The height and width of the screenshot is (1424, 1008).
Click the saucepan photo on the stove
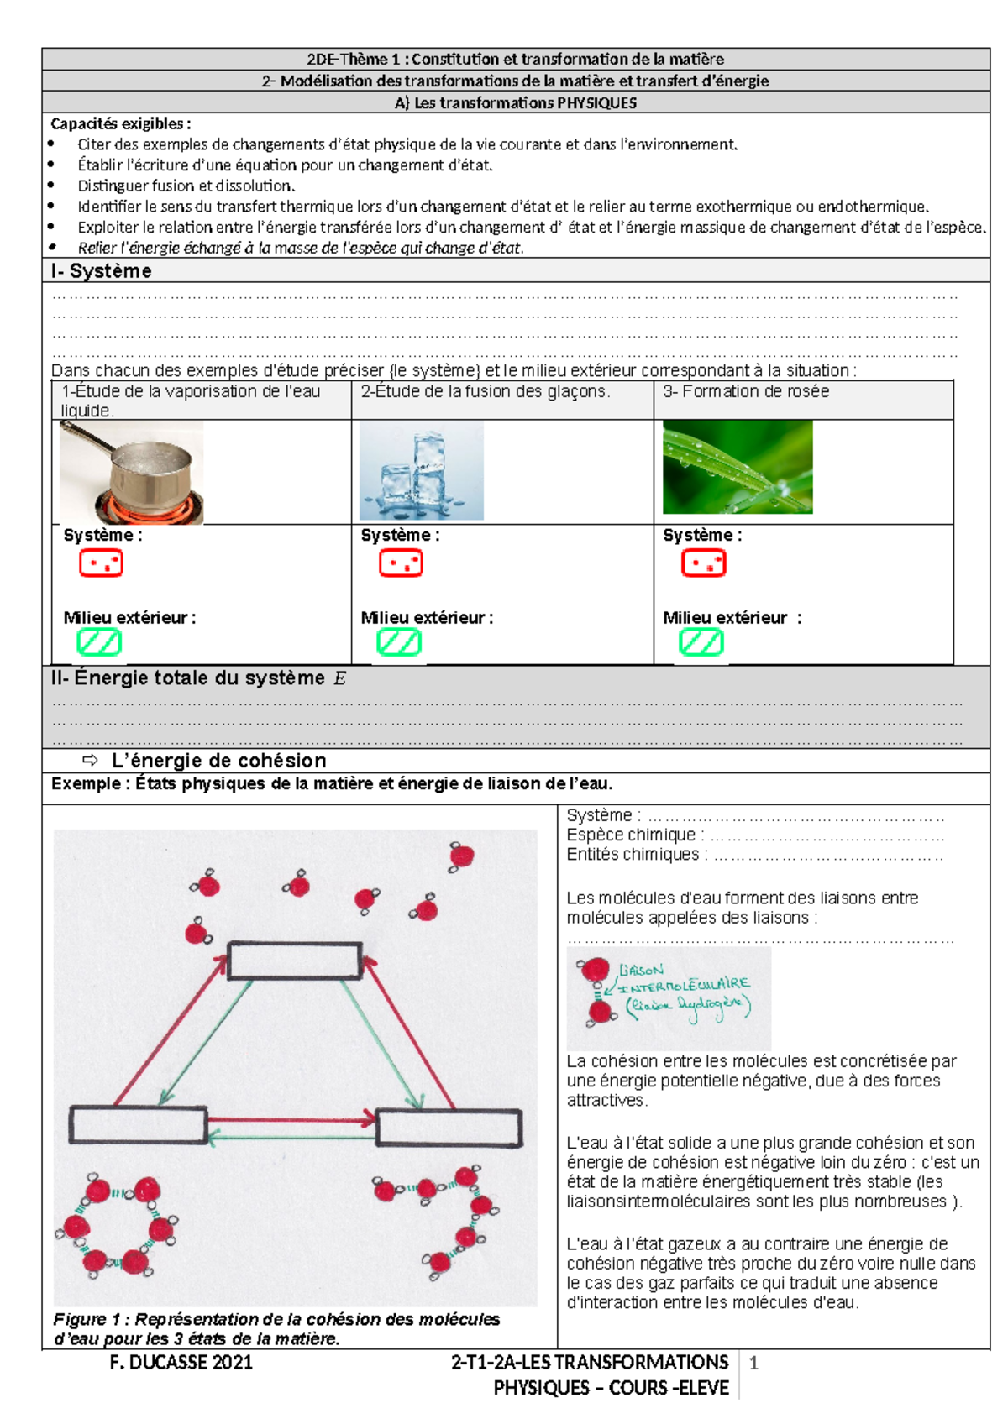pyautogui.click(x=131, y=472)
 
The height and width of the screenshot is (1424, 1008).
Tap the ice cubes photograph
pyautogui.click(x=421, y=471)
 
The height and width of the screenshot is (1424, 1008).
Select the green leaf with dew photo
pyautogui.click(x=737, y=467)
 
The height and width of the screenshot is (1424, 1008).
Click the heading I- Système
pyautogui.click(x=101, y=271)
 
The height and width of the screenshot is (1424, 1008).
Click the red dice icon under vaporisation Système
pyautogui.click(x=101, y=563)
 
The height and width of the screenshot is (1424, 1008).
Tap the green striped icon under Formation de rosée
pyautogui.click(x=701, y=643)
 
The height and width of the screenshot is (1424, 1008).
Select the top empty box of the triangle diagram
pyautogui.click(x=295, y=961)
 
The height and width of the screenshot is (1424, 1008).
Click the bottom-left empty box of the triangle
pyautogui.click(x=138, y=1125)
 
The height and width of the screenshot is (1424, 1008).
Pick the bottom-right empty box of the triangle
pyautogui.click(x=449, y=1127)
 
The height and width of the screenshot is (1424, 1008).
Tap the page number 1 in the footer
pyautogui.click(x=753, y=1363)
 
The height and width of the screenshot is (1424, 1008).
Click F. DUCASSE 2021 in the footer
pyautogui.click(x=181, y=1363)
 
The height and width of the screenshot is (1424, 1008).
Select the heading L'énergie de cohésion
pyautogui.click(x=218, y=761)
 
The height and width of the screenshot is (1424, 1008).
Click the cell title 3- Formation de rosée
pyautogui.click(x=746, y=391)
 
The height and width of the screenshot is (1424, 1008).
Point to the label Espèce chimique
pyautogui.click(x=630, y=835)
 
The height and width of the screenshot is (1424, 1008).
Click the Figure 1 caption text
pyautogui.click(x=276, y=1329)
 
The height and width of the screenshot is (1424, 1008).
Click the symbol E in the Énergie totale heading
pyautogui.click(x=339, y=678)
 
